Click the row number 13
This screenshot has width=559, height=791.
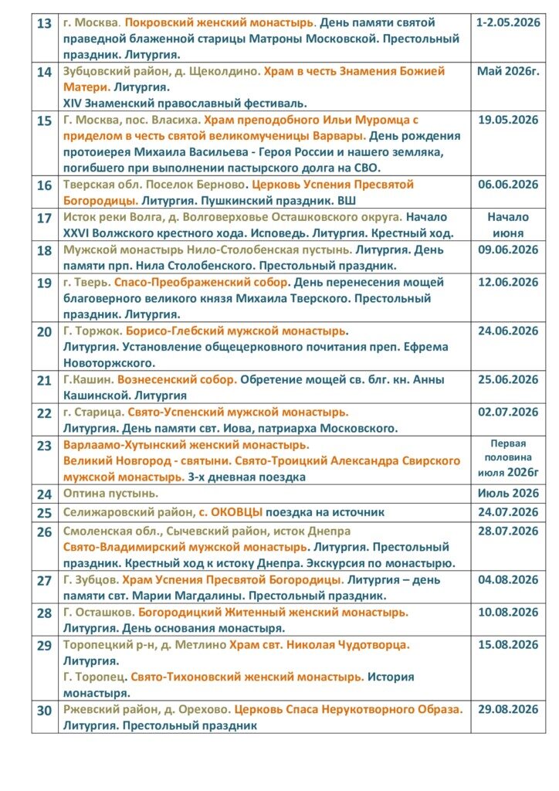[x=45, y=23]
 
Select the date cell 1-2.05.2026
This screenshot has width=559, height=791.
[x=508, y=22]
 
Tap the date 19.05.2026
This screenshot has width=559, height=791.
[x=508, y=120]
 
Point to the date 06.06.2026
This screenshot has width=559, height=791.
[x=508, y=185]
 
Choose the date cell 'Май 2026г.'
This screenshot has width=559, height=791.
[x=508, y=71]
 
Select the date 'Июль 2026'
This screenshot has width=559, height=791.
[x=508, y=493]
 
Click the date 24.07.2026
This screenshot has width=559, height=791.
[x=508, y=512]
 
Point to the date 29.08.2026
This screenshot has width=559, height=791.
[x=508, y=709]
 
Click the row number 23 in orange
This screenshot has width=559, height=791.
[x=45, y=446]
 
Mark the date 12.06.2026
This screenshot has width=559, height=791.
[x=508, y=283]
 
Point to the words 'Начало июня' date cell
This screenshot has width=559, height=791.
[x=508, y=225]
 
